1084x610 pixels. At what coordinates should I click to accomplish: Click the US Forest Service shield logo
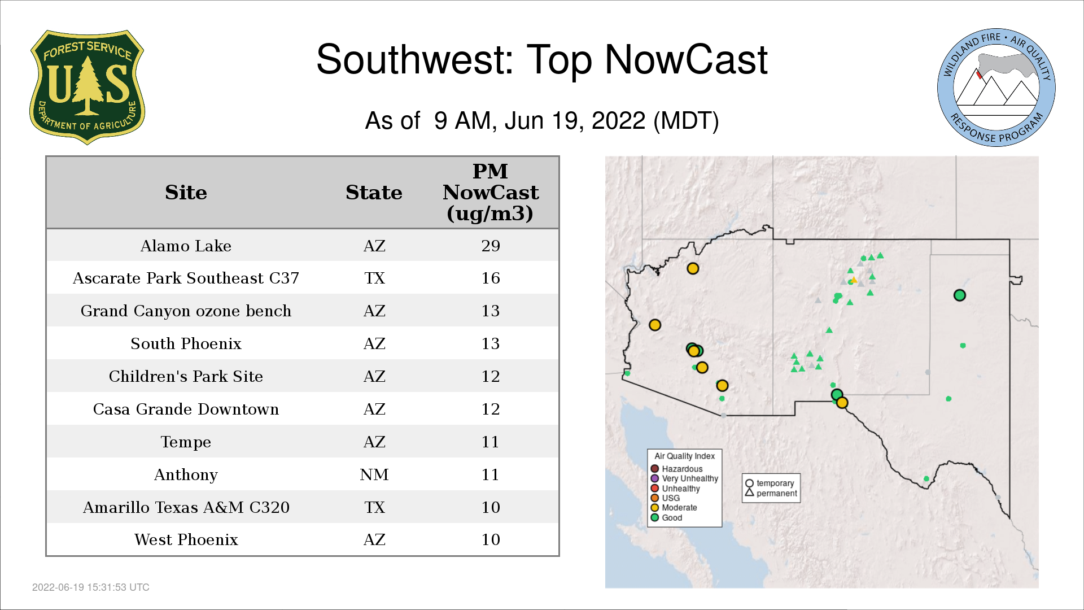(87, 87)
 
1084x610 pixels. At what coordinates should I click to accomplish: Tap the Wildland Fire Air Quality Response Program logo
(996, 88)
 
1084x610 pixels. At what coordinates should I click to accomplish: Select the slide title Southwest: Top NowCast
(542, 60)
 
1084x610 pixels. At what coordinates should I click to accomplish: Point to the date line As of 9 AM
(542, 121)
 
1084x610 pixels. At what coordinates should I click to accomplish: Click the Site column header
(186, 193)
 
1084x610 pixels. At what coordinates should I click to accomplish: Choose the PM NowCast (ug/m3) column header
(490, 192)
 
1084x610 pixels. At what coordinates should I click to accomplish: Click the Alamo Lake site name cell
(186, 246)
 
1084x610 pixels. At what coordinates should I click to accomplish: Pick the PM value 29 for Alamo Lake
(491, 246)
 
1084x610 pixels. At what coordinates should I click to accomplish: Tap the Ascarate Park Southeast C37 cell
(186, 278)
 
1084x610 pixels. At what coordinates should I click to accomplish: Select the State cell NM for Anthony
(374, 474)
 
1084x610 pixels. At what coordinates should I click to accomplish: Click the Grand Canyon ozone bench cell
(186, 311)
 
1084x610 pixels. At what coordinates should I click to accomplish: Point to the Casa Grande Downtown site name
(186, 409)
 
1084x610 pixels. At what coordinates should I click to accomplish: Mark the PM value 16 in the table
(491, 278)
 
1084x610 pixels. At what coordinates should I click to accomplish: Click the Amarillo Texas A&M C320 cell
(186, 507)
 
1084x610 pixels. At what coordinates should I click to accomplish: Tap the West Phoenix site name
(186, 540)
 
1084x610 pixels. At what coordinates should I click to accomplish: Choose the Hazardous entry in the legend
(677, 469)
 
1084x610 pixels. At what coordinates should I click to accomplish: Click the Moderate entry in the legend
(674, 508)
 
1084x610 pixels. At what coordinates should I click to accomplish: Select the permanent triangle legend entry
(771, 493)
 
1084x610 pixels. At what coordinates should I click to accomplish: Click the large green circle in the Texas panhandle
(960, 295)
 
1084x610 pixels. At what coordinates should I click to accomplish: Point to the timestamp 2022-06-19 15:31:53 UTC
(91, 587)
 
